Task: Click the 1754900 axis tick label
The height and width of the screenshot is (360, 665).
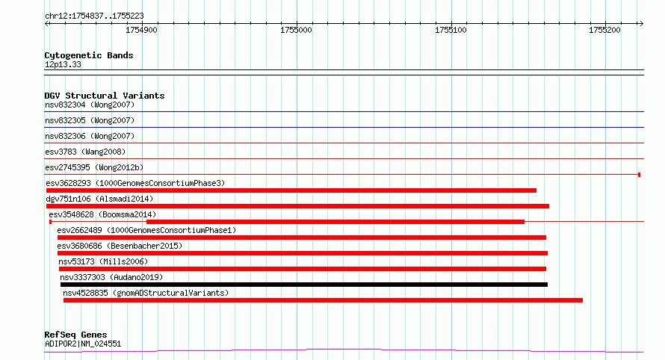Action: click(x=141, y=30)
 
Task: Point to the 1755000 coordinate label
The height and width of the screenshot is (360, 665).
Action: click(x=296, y=30)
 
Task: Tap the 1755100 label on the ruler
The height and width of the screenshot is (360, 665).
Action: click(x=451, y=30)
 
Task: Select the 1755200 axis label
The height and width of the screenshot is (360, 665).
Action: click(x=604, y=30)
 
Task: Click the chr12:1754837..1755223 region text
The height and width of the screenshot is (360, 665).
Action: click(x=94, y=16)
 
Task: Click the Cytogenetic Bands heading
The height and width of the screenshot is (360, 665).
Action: click(x=89, y=55)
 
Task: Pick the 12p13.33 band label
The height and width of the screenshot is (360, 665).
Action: click(x=63, y=64)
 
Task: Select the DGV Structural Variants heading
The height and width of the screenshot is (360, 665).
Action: click(x=105, y=96)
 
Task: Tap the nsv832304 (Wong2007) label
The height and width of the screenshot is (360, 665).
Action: click(x=90, y=105)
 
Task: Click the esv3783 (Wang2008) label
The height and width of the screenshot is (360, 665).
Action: click(x=85, y=152)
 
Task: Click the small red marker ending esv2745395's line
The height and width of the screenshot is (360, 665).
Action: click(x=639, y=175)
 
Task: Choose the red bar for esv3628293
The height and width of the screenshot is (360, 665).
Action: click(x=291, y=190)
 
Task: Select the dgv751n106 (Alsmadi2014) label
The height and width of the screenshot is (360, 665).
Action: click(x=99, y=199)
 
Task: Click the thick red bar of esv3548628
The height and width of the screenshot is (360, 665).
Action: click(x=335, y=222)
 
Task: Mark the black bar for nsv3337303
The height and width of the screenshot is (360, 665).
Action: click(x=304, y=285)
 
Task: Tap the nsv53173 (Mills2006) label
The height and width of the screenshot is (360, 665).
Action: click(x=103, y=261)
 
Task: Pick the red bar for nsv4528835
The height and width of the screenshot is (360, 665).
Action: click(x=324, y=300)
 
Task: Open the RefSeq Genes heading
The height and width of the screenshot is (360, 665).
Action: click(x=75, y=335)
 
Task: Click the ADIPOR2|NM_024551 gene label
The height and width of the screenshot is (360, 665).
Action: click(x=83, y=344)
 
